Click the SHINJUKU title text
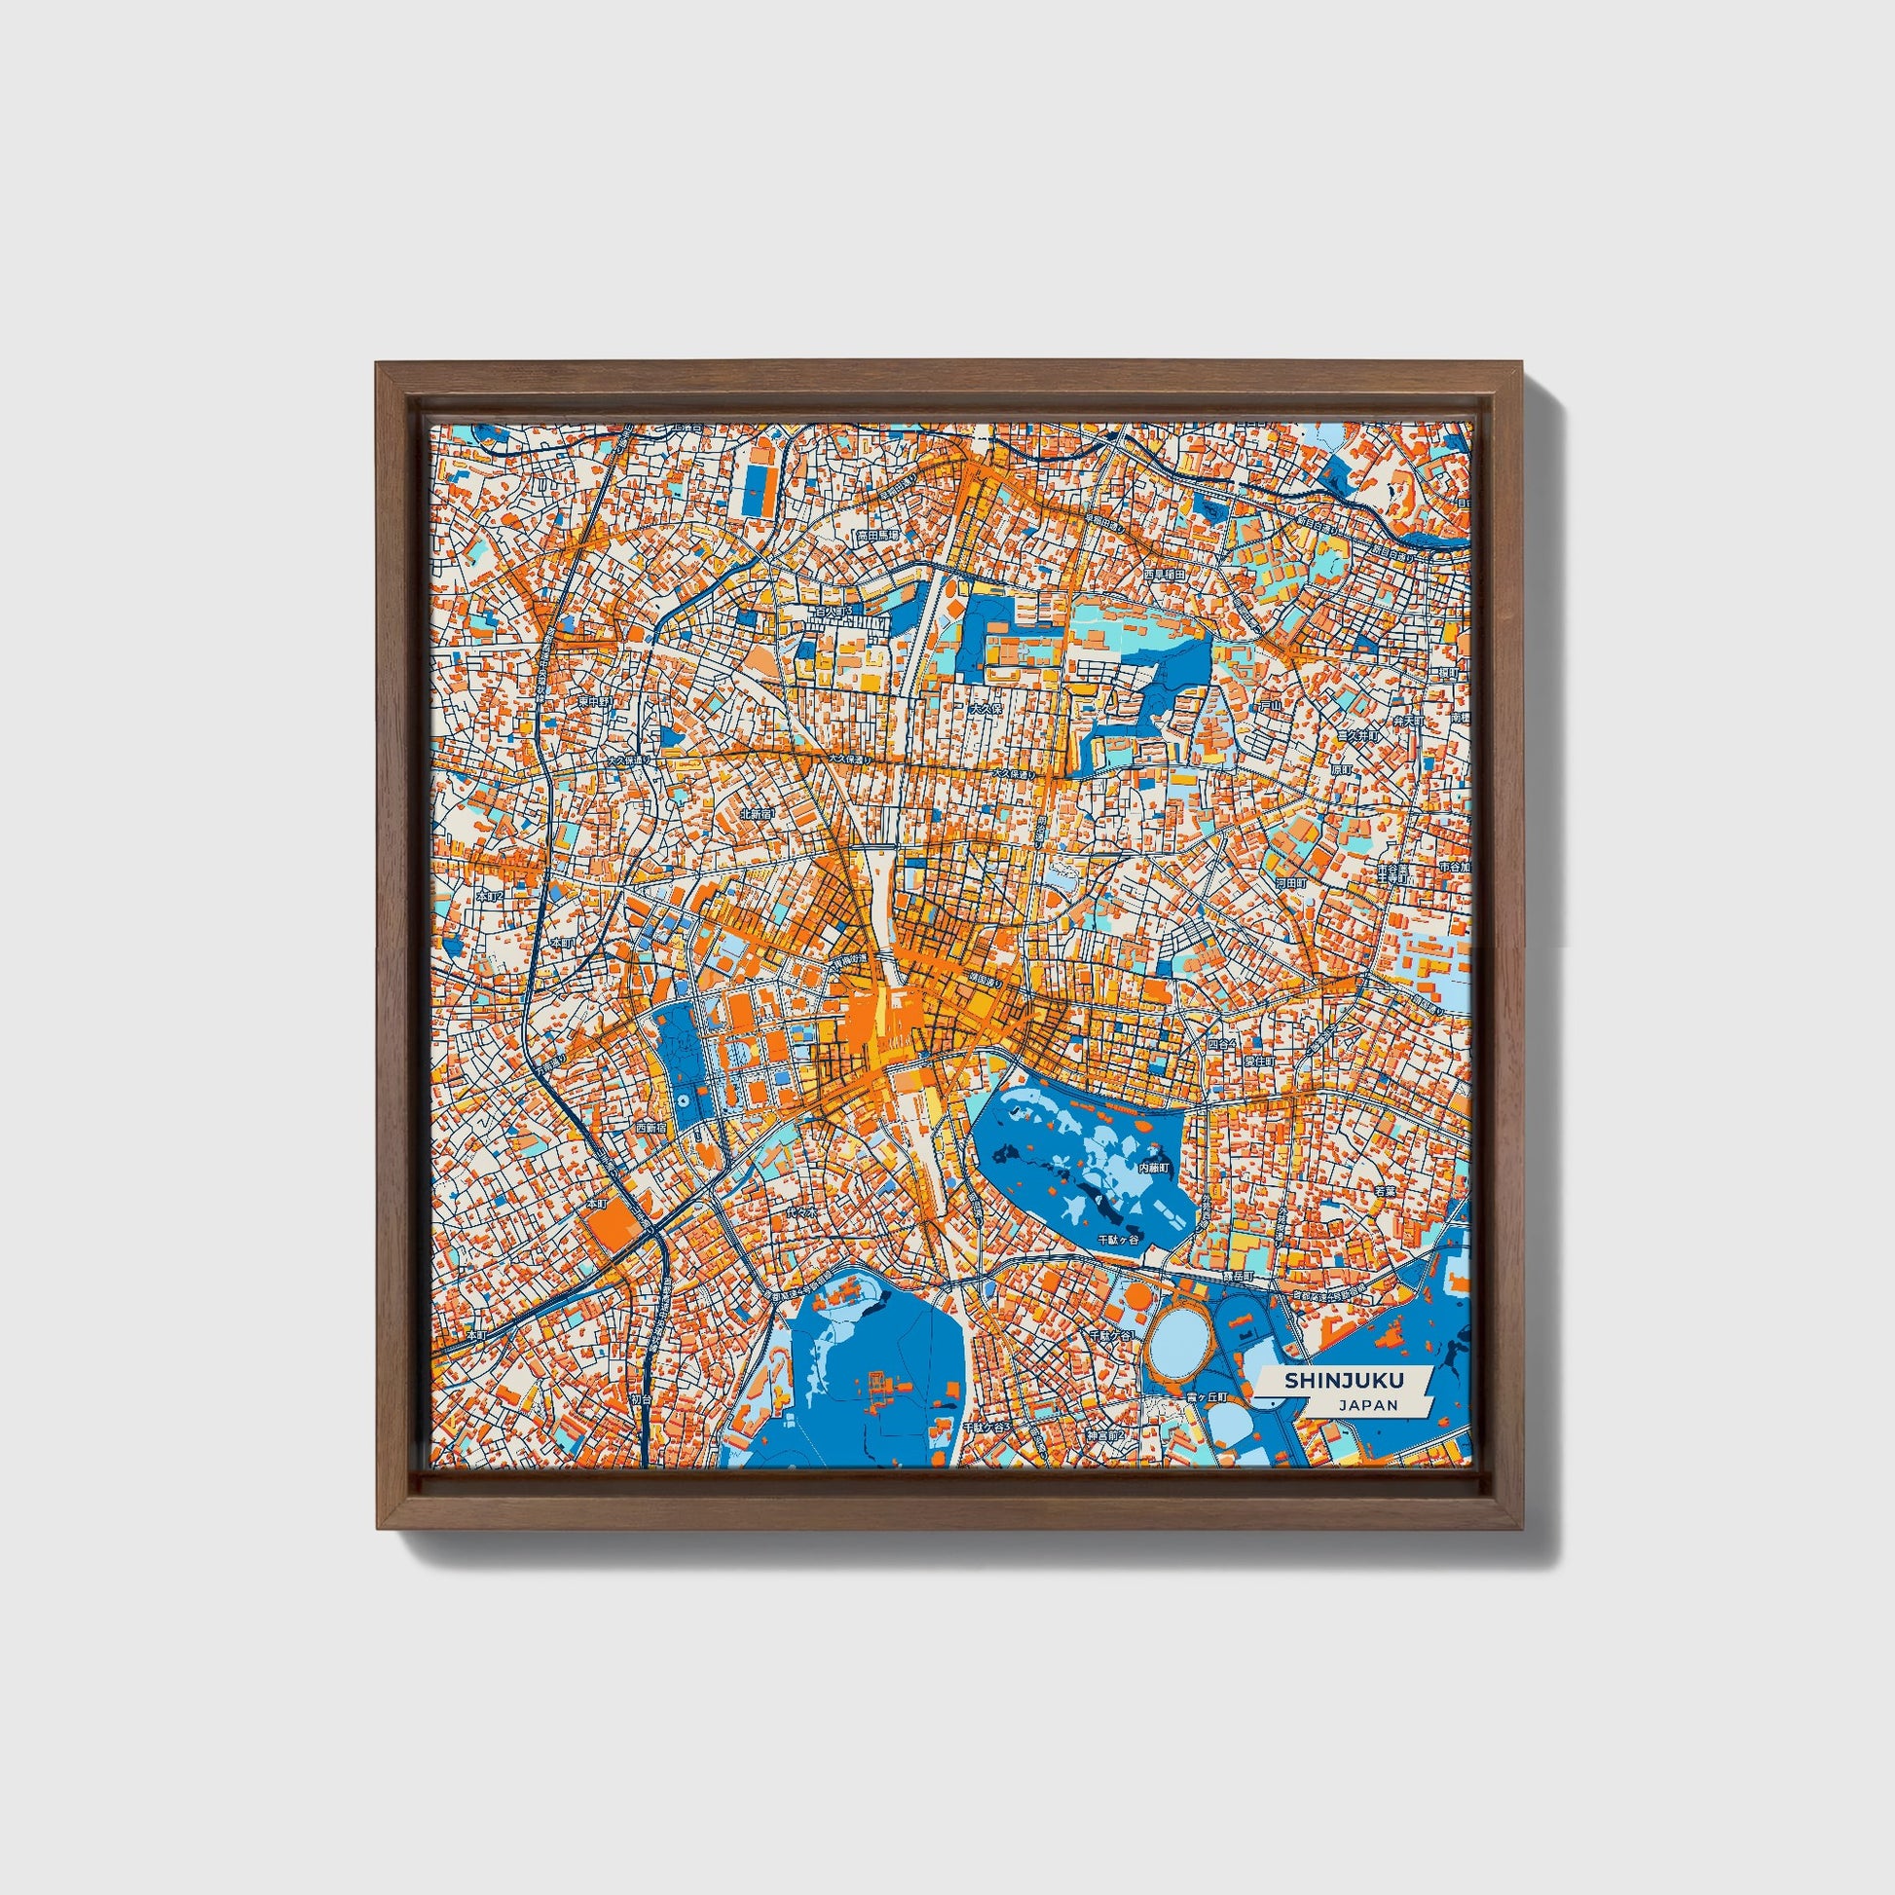[1332, 1379]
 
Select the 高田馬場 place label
[877, 537]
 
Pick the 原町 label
[1340, 770]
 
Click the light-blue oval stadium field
[1177, 1336]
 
